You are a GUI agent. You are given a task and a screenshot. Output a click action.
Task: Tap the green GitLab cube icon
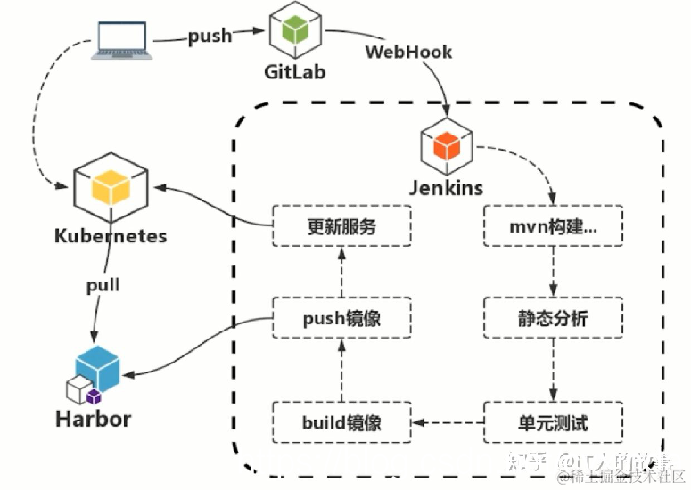tap(292, 30)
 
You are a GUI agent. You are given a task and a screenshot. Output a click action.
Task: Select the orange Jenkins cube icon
tap(445, 144)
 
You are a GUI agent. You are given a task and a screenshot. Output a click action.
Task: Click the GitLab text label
tap(292, 71)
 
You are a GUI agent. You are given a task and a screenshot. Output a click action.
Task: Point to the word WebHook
tap(408, 52)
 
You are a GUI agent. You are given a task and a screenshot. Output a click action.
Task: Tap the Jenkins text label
tap(446, 188)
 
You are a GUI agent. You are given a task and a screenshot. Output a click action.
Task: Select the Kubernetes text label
tap(111, 236)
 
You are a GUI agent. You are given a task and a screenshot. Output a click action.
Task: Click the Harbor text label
tap(93, 419)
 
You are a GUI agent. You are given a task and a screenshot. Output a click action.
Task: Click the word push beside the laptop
tap(210, 37)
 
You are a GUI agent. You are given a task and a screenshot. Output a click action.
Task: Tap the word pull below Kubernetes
tap(103, 287)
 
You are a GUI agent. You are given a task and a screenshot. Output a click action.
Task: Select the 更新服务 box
tap(341, 226)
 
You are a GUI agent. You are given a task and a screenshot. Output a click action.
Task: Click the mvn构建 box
tap(553, 226)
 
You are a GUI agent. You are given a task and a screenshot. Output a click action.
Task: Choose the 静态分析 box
tap(553, 318)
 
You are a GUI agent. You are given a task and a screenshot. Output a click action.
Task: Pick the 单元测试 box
tap(553, 421)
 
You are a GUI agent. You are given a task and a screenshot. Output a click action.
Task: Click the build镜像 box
tap(341, 421)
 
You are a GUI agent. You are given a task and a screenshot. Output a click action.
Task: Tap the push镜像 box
tap(341, 318)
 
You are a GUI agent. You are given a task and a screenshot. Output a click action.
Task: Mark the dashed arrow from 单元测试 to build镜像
tap(447, 421)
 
